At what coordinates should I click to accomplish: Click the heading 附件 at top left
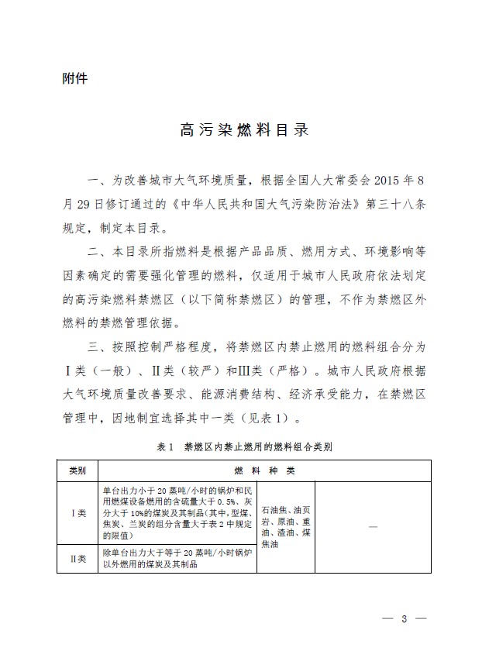coord(74,78)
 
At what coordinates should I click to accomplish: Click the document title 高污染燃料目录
coord(244,129)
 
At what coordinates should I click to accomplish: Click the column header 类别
coord(77,470)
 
